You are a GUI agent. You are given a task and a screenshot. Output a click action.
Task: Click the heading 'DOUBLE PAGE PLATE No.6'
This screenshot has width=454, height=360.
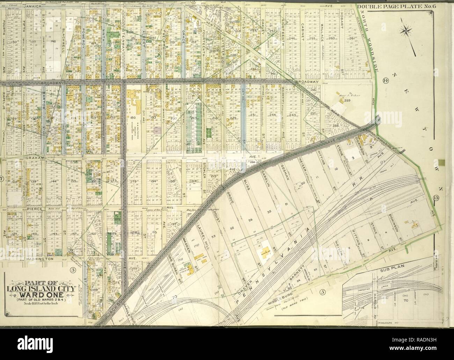(395, 7)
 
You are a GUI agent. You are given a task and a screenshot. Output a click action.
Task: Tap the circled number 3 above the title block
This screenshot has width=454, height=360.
(73, 269)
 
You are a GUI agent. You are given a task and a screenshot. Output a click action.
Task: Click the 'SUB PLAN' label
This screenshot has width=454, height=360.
(388, 270)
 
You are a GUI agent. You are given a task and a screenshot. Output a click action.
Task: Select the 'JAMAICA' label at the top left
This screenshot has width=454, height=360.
(29, 6)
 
